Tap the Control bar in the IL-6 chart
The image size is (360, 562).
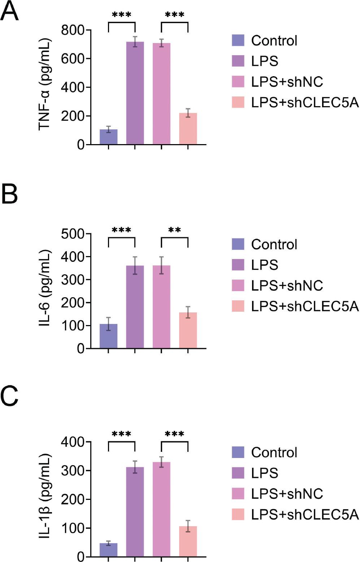coord(108,336)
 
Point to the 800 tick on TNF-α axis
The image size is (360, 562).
coord(72,30)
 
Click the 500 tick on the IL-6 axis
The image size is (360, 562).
coord(72,234)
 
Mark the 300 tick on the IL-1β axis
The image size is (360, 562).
coord(72,471)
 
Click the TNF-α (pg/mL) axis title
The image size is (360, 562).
coord(45,84)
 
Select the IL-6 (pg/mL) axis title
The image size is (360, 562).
coord(45,288)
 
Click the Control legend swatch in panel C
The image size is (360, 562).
coord(238,452)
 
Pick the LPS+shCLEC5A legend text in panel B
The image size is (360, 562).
coord(305,306)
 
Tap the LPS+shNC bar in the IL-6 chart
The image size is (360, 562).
coord(161,307)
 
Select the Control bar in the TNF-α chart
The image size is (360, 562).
coord(108,137)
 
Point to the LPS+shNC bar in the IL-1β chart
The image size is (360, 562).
coord(161,509)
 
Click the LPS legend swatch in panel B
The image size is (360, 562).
coord(238,265)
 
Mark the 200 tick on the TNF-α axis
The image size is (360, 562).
coord(72,116)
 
